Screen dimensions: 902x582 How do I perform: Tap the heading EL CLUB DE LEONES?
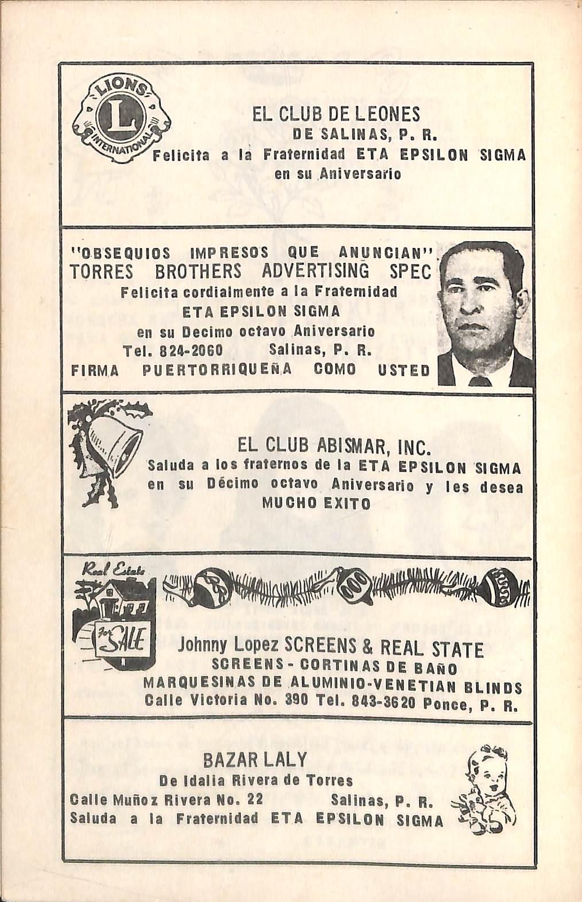[x=336, y=115]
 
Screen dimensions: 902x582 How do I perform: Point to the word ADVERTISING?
[x=315, y=271]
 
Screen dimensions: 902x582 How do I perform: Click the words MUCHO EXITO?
[x=316, y=503]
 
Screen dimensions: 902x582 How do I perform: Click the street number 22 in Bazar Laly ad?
[x=253, y=799]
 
